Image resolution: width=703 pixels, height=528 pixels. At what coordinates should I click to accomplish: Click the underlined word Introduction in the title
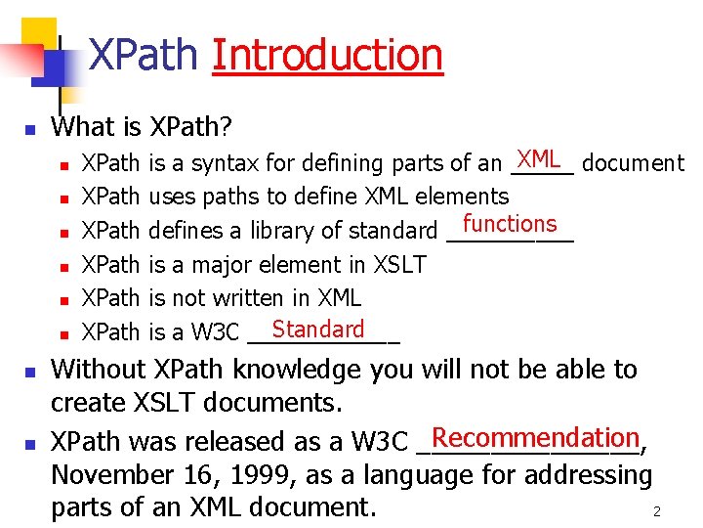click(x=327, y=55)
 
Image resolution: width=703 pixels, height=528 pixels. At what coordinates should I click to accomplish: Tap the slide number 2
click(x=657, y=511)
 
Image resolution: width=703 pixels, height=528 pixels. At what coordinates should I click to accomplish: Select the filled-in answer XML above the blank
click(x=538, y=158)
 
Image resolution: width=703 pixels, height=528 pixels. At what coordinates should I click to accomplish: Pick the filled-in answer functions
click(x=510, y=224)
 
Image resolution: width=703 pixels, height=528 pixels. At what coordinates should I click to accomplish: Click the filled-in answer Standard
click(x=318, y=330)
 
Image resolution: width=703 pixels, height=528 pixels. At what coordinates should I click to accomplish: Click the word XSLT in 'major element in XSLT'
click(x=400, y=264)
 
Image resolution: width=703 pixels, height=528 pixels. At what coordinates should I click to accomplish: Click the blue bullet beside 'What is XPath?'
click(x=30, y=129)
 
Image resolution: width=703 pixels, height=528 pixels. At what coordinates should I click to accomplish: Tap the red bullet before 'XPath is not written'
click(x=62, y=299)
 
